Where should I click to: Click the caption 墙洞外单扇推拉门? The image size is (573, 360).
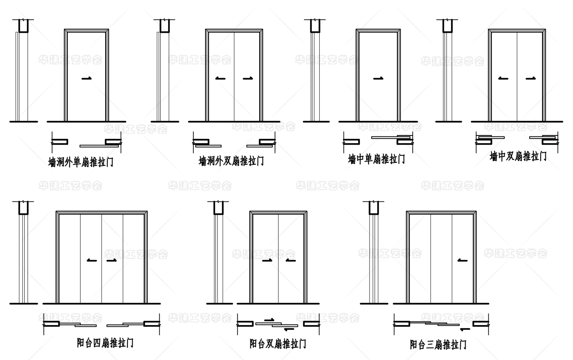81,162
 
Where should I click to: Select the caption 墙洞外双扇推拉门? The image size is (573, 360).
231,161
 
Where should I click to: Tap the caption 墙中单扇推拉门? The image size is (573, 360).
376,159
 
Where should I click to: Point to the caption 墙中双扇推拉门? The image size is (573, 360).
518,157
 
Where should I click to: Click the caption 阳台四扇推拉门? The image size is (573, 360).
105,343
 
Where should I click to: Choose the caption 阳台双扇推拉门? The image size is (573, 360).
278,344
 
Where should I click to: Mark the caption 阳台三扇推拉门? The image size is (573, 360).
438,344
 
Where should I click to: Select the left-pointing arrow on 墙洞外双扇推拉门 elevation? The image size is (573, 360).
220,78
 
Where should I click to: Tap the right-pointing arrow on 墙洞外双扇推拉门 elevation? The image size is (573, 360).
247,78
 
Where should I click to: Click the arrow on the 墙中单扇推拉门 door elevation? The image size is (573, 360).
378,78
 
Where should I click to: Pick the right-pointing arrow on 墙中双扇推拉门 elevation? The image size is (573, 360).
531,78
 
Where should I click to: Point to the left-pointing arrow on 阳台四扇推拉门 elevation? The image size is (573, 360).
91,261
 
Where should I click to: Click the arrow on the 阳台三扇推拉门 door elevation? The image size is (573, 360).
463,261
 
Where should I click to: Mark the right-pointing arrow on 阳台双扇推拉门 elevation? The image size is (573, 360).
267,261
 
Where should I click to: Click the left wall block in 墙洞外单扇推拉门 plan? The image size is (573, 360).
60,141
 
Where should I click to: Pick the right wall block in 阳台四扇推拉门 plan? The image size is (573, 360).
151,323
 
